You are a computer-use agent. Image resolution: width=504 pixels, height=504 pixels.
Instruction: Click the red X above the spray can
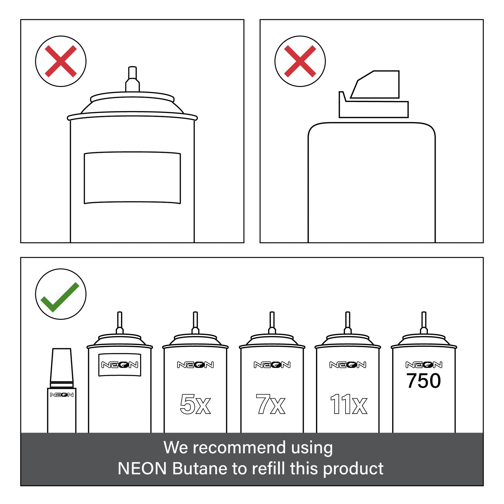click(61, 61)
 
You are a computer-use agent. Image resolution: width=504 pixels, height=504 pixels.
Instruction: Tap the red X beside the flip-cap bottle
click(300, 61)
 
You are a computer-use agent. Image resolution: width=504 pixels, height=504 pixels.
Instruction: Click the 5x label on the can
click(195, 404)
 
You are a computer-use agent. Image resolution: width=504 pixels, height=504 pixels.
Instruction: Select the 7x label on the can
click(271, 404)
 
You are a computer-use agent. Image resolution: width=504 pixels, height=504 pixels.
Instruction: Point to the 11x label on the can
click(349, 404)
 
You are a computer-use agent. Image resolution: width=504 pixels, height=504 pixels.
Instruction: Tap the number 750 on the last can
click(424, 381)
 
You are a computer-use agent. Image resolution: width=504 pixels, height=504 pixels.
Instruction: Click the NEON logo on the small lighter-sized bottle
click(62, 395)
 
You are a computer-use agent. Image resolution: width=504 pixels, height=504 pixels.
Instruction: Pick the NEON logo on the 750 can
click(424, 365)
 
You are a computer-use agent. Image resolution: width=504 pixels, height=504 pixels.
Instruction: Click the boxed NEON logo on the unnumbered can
click(120, 365)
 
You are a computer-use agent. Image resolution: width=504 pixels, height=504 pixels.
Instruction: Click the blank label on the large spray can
click(132, 177)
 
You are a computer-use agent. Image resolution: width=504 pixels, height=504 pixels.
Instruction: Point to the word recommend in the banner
click(240, 447)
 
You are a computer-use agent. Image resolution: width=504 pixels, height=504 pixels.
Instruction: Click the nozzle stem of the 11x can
click(348, 322)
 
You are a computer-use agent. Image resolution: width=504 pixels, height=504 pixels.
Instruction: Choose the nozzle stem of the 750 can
click(424, 322)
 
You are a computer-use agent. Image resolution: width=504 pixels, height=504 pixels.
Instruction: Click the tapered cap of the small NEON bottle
click(62, 365)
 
